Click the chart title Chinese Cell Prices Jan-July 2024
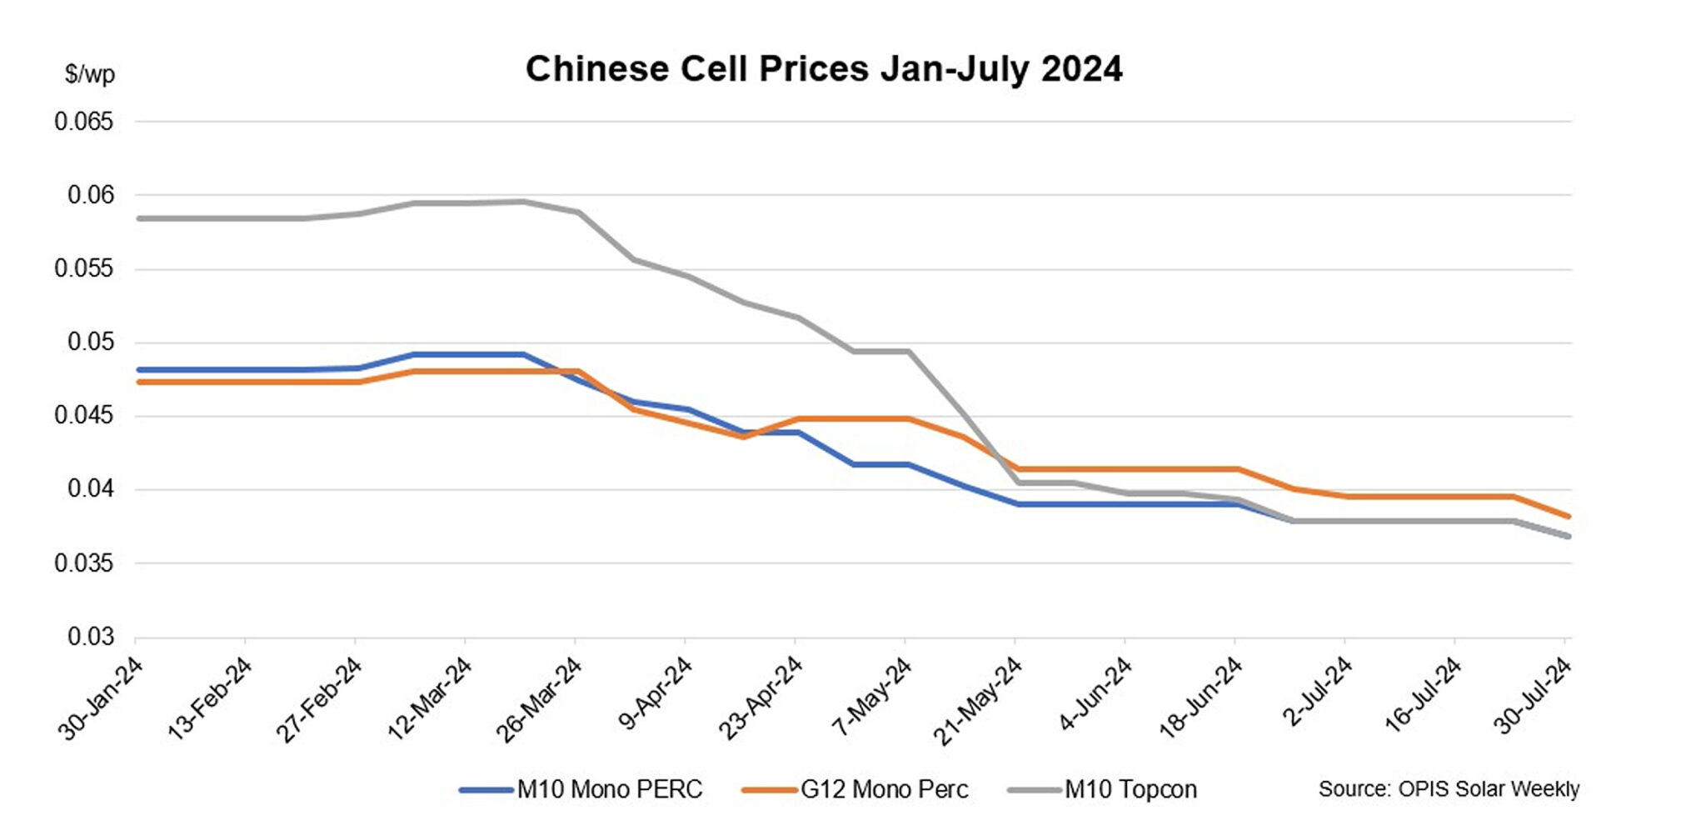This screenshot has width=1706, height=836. tap(823, 68)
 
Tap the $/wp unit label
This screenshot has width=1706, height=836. tap(90, 74)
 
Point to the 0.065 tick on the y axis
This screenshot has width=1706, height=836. tap(83, 122)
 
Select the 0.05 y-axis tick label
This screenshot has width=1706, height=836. tap(90, 343)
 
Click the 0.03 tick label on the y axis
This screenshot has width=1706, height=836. tap(90, 637)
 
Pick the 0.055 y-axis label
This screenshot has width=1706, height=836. tap(83, 268)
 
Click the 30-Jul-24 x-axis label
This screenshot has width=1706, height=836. tap(1534, 696)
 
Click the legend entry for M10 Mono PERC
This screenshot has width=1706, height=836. tap(609, 789)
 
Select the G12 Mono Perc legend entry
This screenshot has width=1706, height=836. tap(884, 789)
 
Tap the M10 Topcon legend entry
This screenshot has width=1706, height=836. tap(1130, 789)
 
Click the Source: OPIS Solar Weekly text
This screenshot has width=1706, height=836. tap(1449, 788)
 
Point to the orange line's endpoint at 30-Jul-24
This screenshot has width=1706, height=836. tap(1569, 517)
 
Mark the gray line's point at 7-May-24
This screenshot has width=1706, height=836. tap(907, 351)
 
